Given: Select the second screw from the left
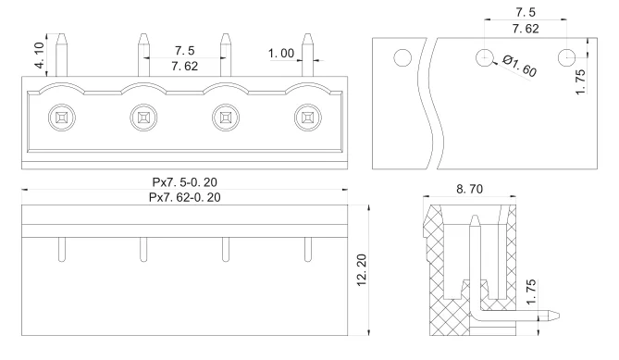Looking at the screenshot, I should pos(142,118).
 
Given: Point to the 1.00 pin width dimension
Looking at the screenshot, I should pos(280,54).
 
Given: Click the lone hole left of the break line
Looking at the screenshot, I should pos(401,58).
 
